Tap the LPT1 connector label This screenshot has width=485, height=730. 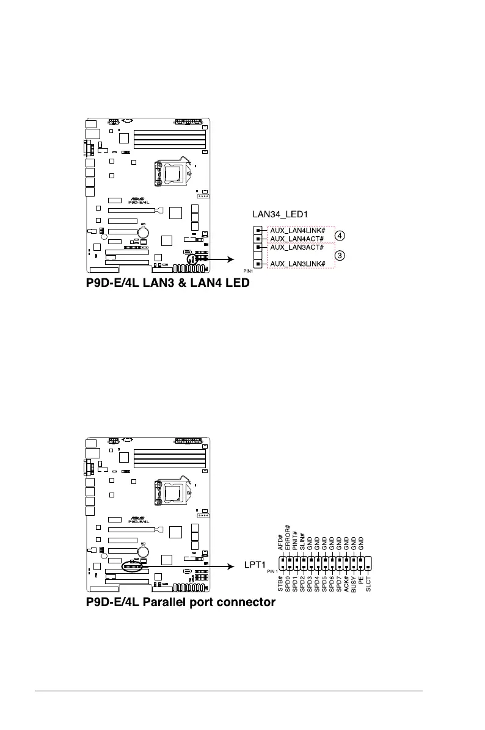point(253,566)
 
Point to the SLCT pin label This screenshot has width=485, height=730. point(368,584)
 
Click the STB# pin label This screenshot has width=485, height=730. point(281,585)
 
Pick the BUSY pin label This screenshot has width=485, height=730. point(354,584)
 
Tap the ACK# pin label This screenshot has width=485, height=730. point(346,584)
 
